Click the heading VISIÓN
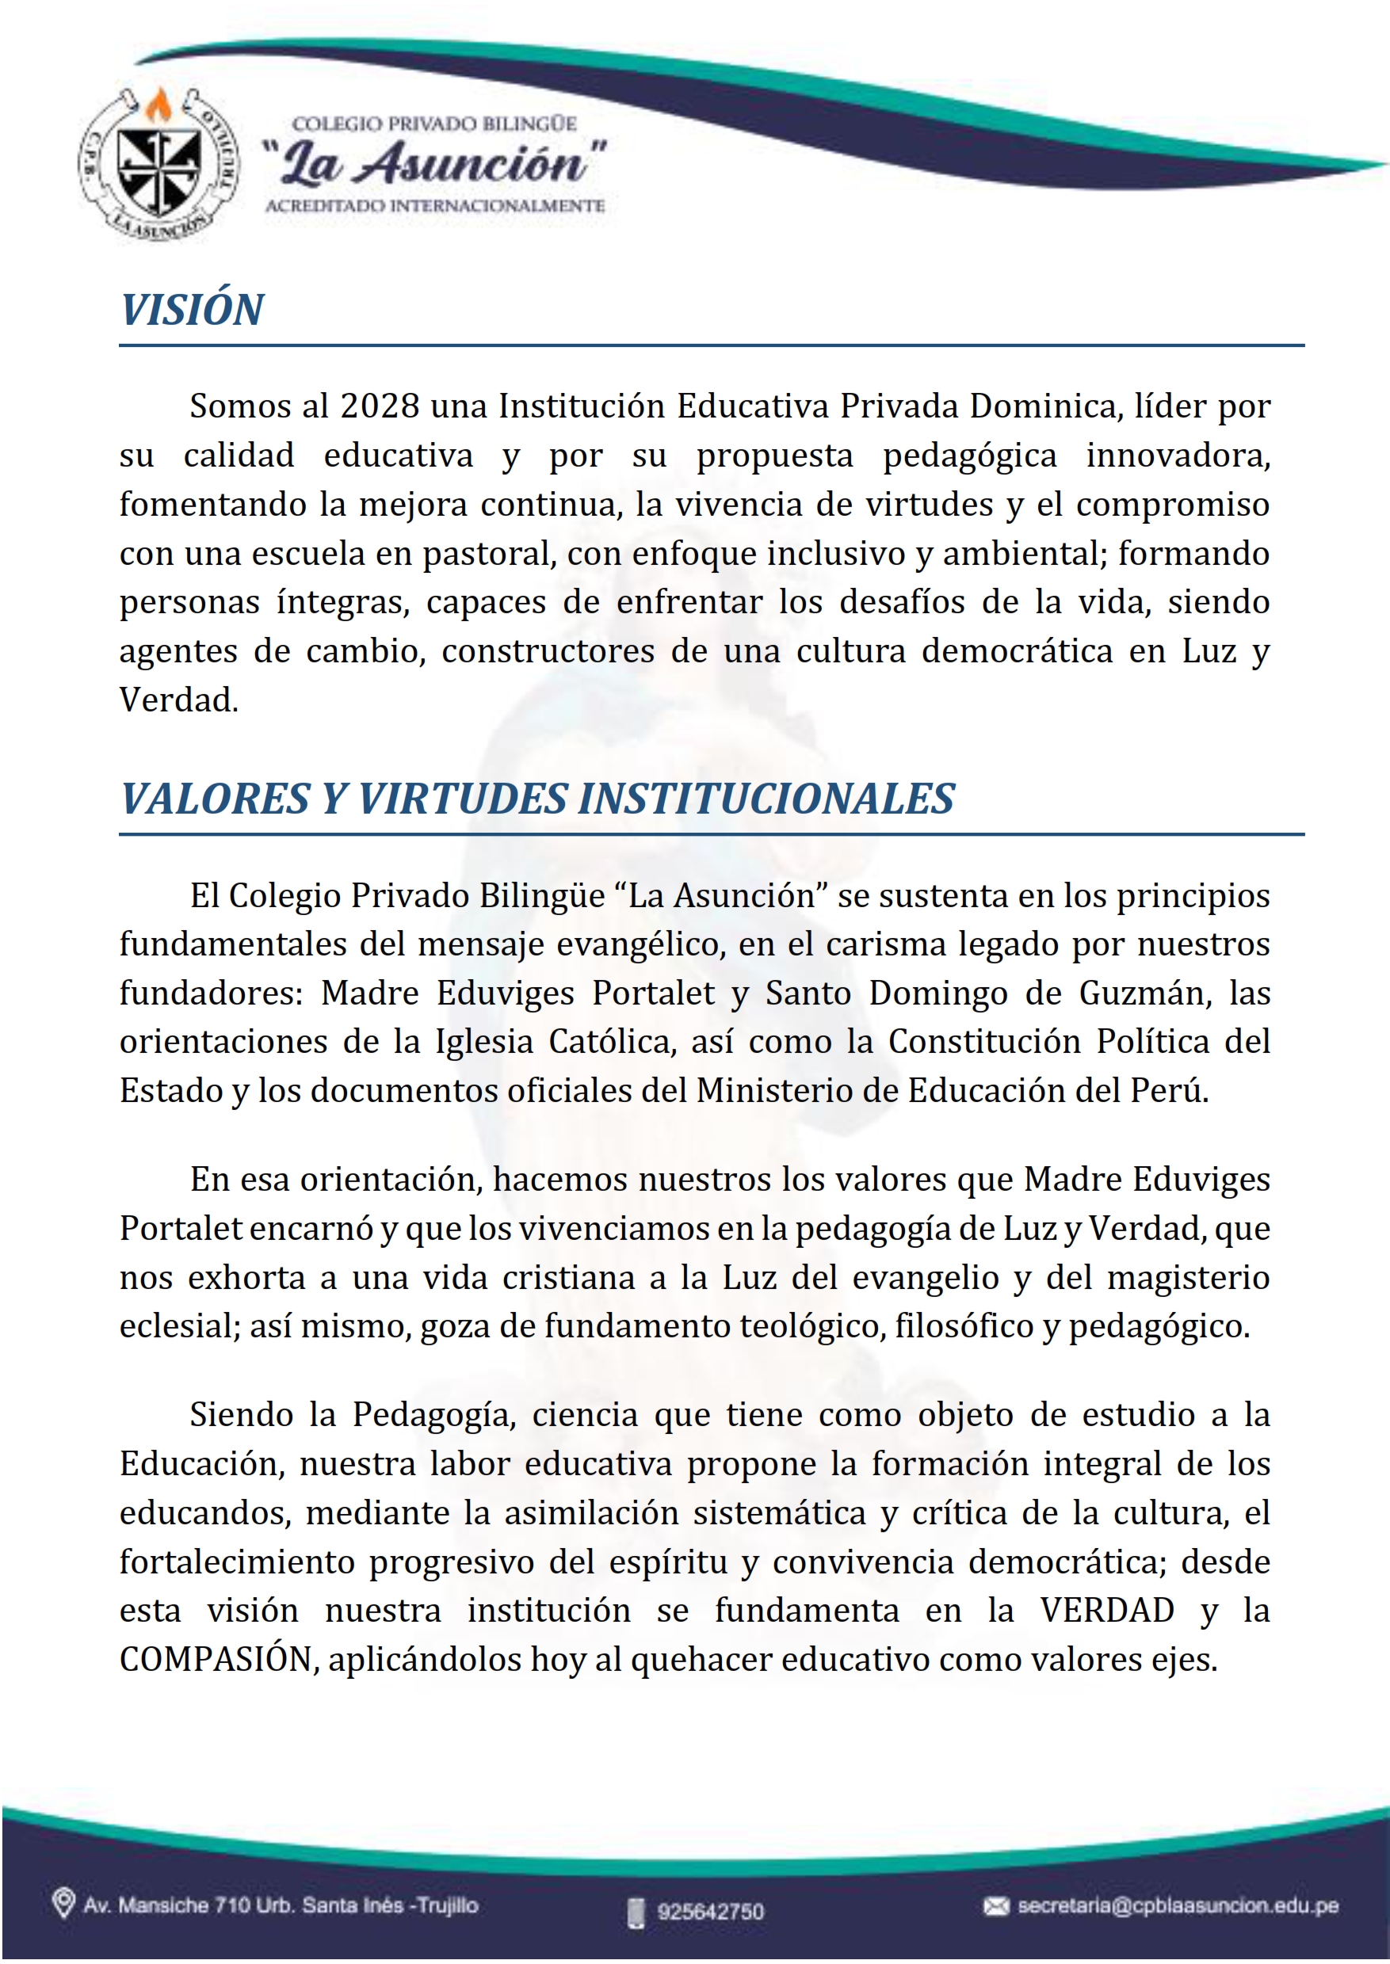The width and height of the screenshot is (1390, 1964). click(x=192, y=310)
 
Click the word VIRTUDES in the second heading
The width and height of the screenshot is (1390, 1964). click(x=462, y=799)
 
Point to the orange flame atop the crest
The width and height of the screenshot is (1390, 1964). click(x=157, y=106)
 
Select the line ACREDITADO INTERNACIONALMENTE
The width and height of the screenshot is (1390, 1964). click(x=435, y=206)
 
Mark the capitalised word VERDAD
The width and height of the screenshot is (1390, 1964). click(x=1107, y=1611)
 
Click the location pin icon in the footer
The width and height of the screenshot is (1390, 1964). click(x=63, y=1904)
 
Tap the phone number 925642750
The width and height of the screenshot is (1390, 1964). click(x=710, y=1911)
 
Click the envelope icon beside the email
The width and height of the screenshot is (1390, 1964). click(x=995, y=1906)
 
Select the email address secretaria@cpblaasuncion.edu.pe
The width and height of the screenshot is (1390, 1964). click(x=1178, y=1906)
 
